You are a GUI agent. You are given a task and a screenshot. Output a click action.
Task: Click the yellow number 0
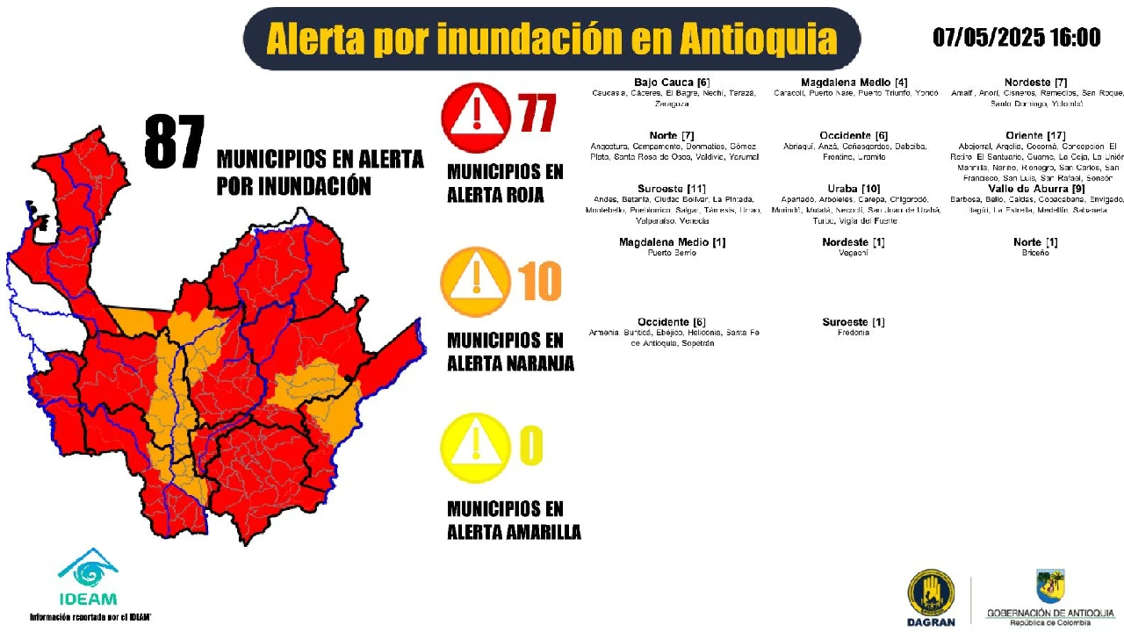click(531, 446)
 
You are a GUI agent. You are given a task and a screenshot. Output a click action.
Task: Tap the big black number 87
click(175, 143)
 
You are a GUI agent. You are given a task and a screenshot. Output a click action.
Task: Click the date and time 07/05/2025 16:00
click(1016, 37)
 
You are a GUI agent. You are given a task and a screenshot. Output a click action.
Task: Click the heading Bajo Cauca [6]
click(672, 83)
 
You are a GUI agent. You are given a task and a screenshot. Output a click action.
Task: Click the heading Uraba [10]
click(854, 189)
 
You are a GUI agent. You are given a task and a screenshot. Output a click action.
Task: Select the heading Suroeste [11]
click(672, 189)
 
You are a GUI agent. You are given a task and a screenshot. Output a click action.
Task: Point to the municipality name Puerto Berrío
click(672, 253)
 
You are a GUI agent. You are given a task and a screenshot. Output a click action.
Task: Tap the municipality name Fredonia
click(854, 333)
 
